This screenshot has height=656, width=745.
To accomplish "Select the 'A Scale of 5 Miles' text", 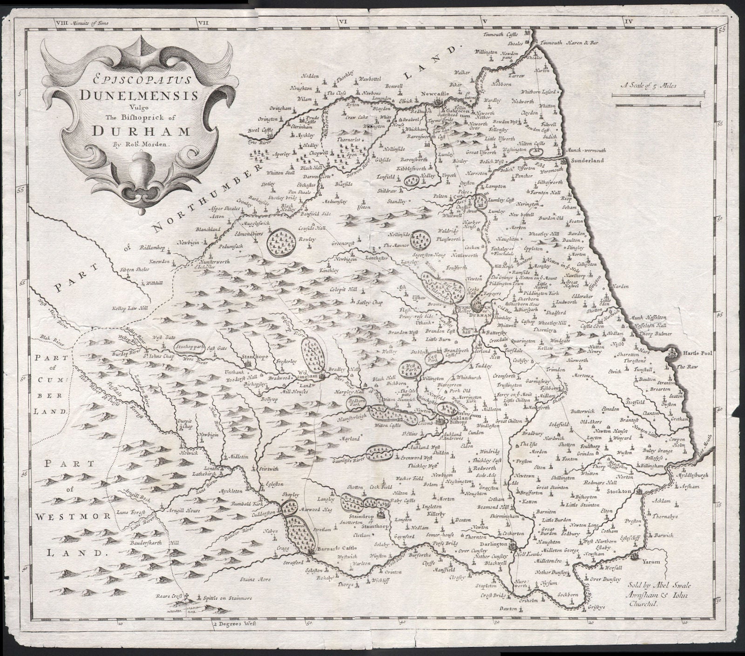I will click(649, 85).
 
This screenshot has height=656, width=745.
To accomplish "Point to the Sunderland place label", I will click(588, 160).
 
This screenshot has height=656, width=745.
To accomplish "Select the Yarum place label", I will click(651, 562).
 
